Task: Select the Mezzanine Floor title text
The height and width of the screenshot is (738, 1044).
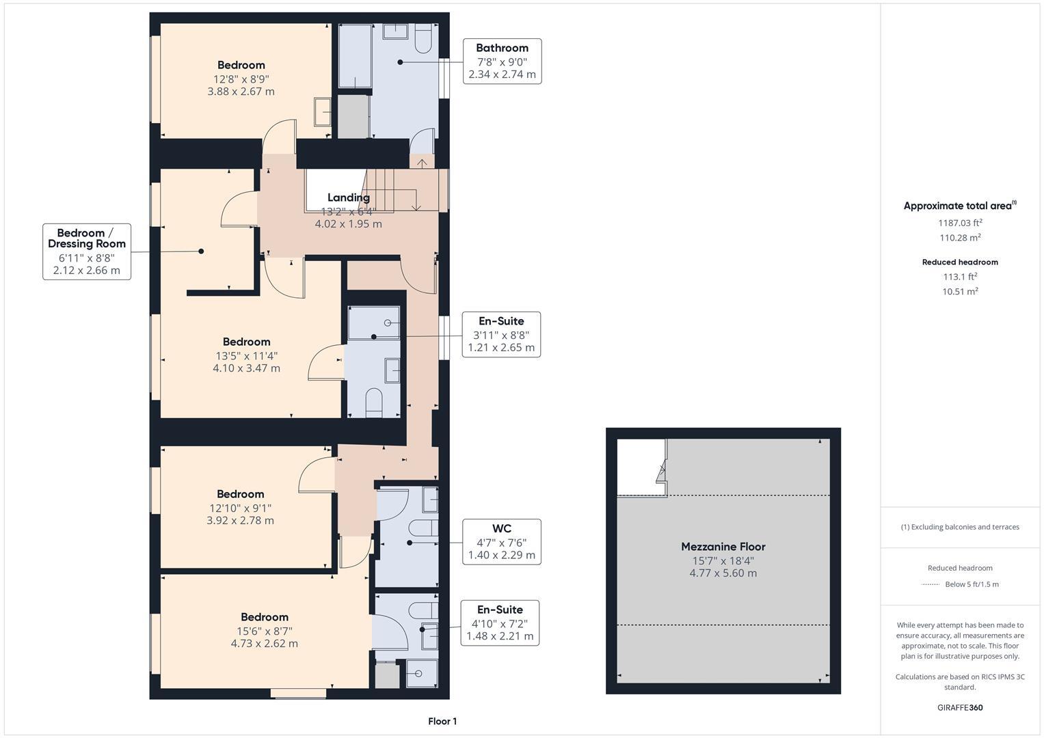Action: [x=723, y=547]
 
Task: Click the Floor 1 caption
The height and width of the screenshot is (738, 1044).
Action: [x=442, y=721]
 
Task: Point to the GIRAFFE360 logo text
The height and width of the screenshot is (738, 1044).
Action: [x=959, y=707]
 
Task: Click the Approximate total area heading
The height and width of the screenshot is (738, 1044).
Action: [x=959, y=206]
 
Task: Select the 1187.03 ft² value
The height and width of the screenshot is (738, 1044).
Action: [x=959, y=223]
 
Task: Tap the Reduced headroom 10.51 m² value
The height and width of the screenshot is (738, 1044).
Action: [x=959, y=291]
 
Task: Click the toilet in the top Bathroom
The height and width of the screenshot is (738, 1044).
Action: [x=423, y=40]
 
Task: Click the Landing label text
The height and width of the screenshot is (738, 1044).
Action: [x=348, y=197]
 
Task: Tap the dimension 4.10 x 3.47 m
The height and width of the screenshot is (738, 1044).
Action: [x=246, y=368]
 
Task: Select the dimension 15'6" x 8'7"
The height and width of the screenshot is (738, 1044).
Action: [x=264, y=631]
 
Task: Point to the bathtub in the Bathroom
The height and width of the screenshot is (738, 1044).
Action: [x=355, y=56]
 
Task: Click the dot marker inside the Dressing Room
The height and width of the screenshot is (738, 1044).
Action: [x=201, y=251]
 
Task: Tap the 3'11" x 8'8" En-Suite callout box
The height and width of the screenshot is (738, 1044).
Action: [x=501, y=335]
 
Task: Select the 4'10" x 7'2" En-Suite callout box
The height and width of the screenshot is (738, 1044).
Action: [x=500, y=623]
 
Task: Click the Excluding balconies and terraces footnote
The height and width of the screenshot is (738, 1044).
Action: [x=959, y=527]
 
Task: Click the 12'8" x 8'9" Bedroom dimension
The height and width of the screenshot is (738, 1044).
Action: [x=241, y=79]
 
